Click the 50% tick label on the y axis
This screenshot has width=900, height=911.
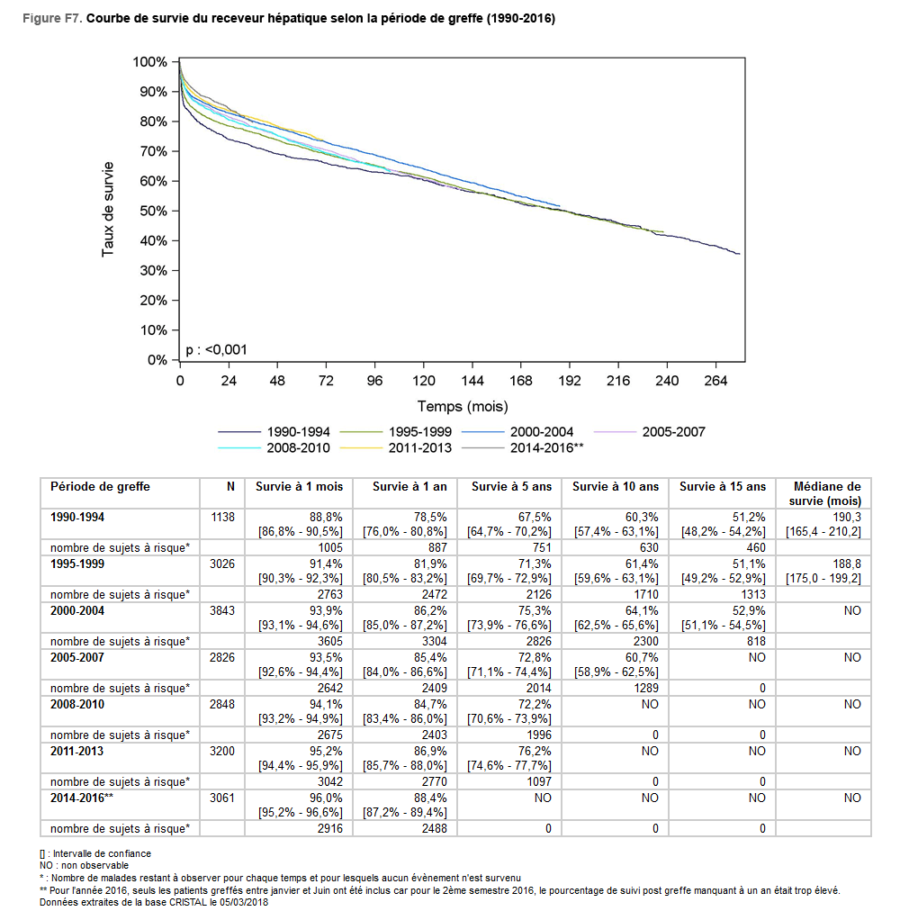tap(153, 211)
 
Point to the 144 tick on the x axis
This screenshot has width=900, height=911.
tap(472, 381)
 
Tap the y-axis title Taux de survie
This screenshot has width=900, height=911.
tap(108, 209)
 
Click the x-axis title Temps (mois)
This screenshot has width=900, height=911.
tap(463, 406)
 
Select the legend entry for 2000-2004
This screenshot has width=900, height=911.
tap(517, 432)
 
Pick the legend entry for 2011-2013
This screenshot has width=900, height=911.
tap(396, 448)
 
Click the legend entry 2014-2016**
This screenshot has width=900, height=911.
tap(522, 448)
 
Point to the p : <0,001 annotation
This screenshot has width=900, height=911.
tap(216, 350)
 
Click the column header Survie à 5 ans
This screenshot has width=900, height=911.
tap(511, 486)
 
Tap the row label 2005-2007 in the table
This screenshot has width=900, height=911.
tap(76, 657)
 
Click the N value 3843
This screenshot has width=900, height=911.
tap(222, 610)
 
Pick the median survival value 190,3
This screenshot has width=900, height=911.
tap(847, 517)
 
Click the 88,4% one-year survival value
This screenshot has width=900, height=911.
tap(430, 798)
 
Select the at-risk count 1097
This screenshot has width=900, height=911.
tap(539, 781)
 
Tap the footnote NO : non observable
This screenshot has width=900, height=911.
tap(84, 865)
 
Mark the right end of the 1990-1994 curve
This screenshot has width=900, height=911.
tap(740, 254)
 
